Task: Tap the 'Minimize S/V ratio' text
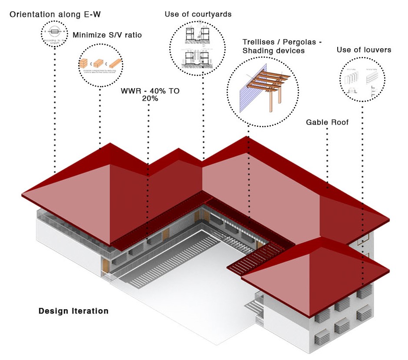click(107, 35)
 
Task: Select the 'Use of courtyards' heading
click(198, 14)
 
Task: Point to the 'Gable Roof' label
click(327, 122)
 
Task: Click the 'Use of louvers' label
click(364, 50)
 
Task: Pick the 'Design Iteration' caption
click(73, 311)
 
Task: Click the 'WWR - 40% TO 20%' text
click(150, 95)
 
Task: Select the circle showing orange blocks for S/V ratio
click(100, 64)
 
